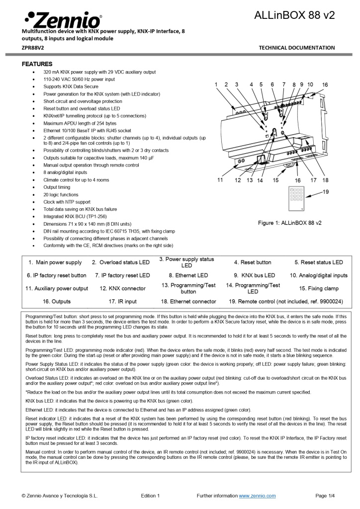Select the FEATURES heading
pyautogui.click(x=37, y=64)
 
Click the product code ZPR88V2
pyautogui.click(x=33, y=48)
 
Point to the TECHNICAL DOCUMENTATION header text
pyautogui.click(x=297, y=48)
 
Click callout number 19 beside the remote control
pyautogui.click(x=326, y=191)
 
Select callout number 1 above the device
pyautogui.click(x=216, y=85)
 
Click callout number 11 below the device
pyautogui.click(x=220, y=180)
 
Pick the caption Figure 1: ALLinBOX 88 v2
pyautogui.click(x=289, y=223)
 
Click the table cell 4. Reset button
pyautogui.click(x=253, y=262)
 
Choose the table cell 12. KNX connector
pyautogui.click(x=122, y=288)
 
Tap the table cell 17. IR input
pyautogui.click(x=122, y=301)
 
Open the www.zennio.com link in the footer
pyautogui.click(x=257, y=496)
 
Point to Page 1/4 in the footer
pyautogui.click(x=325, y=496)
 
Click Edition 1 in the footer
pyautogui.click(x=150, y=496)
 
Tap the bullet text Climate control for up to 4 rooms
pyautogui.click(x=76, y=180)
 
